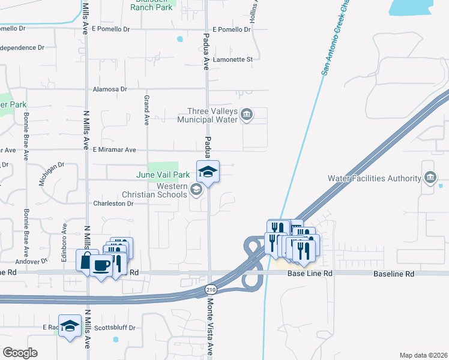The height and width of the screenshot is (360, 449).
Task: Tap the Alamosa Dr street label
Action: point(110,89)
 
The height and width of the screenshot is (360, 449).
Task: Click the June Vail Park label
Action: point(163,175)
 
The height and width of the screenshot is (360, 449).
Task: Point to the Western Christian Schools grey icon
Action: point(196,190)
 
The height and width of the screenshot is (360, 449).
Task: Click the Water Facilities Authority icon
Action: point(430,178)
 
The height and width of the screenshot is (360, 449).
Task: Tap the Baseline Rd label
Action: point(393,274)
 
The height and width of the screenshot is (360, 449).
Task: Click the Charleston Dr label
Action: point(112,203)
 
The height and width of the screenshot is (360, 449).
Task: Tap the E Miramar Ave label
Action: point(113,150)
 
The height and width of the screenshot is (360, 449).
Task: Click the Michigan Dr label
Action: point(52,173)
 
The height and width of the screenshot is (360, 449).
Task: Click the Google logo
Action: point(20,353)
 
